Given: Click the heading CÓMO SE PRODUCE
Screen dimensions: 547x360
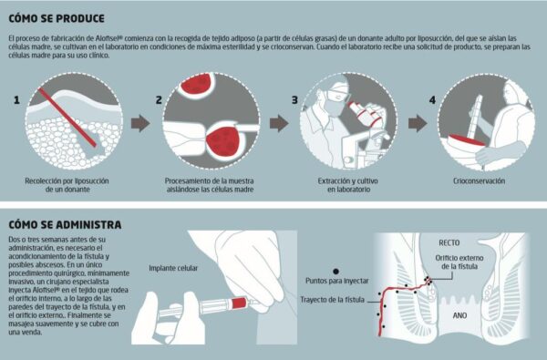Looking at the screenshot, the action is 57,18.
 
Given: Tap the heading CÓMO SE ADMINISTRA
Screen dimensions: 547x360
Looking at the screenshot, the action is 65,224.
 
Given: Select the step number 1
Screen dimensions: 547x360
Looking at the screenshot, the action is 16,100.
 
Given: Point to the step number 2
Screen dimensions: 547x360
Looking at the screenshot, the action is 159,100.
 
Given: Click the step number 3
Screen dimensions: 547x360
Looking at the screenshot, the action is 294,100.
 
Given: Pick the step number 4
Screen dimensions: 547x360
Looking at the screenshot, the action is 432,100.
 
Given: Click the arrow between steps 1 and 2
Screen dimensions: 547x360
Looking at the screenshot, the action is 140,123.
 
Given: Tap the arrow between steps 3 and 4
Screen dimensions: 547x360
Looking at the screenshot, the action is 418,123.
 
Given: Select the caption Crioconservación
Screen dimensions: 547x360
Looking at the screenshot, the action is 479,181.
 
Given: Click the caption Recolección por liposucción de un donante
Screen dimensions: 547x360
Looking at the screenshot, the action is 67,185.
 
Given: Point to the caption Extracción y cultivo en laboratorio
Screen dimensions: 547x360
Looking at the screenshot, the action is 348,185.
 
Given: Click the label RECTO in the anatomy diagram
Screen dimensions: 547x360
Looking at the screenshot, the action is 449,242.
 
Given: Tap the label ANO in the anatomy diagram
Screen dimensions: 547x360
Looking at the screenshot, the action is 459,315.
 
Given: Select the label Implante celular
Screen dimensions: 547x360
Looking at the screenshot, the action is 173,268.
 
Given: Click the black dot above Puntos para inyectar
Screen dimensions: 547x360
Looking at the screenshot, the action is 335,272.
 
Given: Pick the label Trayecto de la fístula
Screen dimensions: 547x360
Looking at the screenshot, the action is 333,300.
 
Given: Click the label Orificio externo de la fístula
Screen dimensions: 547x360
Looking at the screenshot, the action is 459,262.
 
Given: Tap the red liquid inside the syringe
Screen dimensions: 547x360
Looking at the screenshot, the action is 239,303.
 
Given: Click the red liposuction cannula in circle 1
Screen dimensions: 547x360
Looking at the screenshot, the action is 67,118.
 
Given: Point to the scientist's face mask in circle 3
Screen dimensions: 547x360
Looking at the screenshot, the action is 333,105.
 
